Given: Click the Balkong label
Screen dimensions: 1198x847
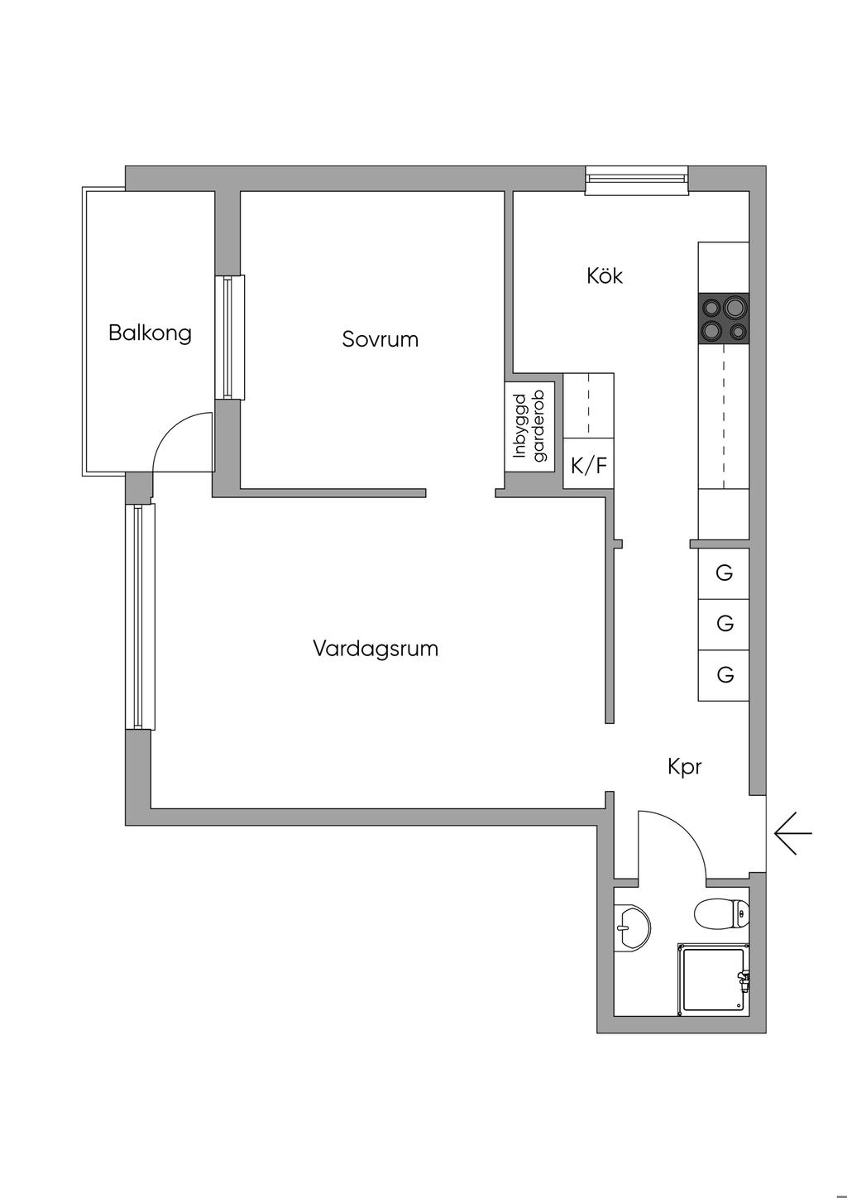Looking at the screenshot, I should coord(150,333).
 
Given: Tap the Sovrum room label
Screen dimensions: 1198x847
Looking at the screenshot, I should coord(380,338).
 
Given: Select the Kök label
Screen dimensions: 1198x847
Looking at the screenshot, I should coord(604,276).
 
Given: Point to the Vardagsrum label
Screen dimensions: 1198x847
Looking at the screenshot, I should coord(376,648).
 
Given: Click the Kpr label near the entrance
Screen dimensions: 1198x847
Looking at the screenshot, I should coord(684,767).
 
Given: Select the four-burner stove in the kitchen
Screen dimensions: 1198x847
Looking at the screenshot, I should coord(724,319).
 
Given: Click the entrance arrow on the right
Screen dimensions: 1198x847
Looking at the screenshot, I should coord(793,832).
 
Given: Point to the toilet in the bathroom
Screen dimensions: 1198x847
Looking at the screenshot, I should coord(721,914).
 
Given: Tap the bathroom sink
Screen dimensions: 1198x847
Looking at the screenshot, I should coord(632,928).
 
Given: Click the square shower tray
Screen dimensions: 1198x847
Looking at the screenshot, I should coord(713,980).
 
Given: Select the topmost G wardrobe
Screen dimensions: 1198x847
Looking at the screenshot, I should coord(724,573).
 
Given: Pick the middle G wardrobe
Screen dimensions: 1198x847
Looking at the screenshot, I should coord(724,624).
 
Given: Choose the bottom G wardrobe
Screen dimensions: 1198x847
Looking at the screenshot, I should coord(724,675).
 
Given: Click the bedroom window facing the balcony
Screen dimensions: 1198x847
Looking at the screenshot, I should coord(229,337).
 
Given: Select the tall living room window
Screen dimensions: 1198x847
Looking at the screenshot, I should coord(140,616).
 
